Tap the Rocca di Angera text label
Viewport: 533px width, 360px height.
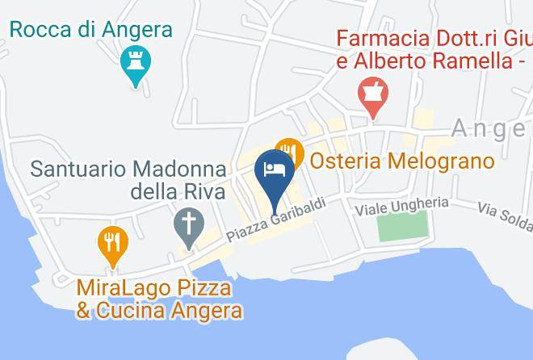click(91, 30)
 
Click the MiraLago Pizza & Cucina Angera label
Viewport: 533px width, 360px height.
click(159, 299)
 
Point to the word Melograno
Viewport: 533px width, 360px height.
click(441, 161)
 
